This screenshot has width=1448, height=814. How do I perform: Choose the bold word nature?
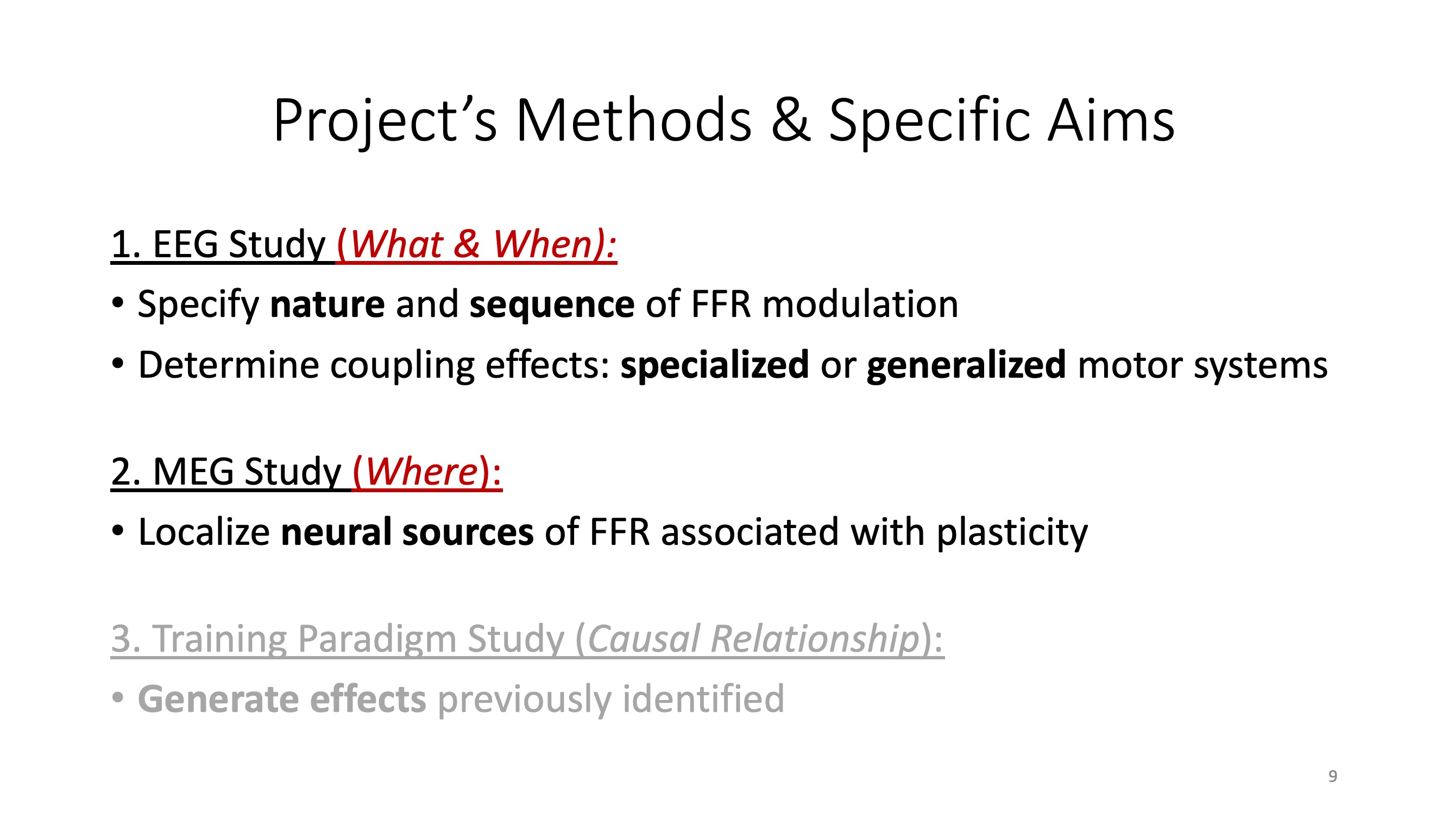(x=328, y=304)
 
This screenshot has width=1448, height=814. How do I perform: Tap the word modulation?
(x=860, y=304)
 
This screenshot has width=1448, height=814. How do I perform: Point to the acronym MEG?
(x=193, y=472)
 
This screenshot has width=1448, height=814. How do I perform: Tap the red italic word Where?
(x=421, y=472)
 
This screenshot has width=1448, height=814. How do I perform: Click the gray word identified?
(x=703, y=699)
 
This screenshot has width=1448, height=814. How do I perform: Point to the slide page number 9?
(x=1333, y=777)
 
